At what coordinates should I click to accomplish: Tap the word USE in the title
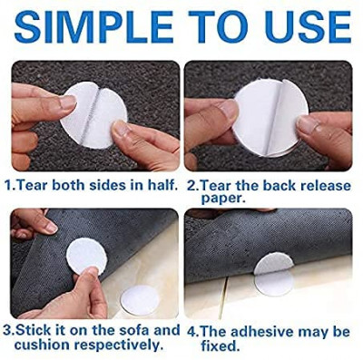[x=309, y=27]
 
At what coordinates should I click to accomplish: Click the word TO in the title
[x=219, y=27]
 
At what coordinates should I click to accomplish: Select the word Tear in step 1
[x=30, y=185]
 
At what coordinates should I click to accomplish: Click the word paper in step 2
[x=221, y=199]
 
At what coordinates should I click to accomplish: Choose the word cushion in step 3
[x=36, y=345]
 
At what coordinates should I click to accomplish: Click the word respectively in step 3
[x=111, y=345]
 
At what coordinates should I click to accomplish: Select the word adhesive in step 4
[x=261, y=332]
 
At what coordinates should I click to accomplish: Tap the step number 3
[x=8, y=330]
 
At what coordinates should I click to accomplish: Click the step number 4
[x=191, y=332]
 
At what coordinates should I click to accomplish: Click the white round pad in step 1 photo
[x=94, y=115]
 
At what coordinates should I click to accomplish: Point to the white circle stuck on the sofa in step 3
[x=140, y=300]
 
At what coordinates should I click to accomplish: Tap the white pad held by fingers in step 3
[x=87, y=255]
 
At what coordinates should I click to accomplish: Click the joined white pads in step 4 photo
[x=274, y=274]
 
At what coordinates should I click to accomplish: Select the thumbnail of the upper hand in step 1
[x=68, y=102]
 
